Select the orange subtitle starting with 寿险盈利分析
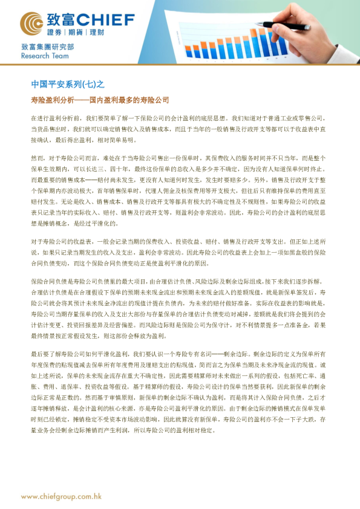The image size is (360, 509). (100, 99)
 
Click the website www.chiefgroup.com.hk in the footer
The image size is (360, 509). (61, 496)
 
